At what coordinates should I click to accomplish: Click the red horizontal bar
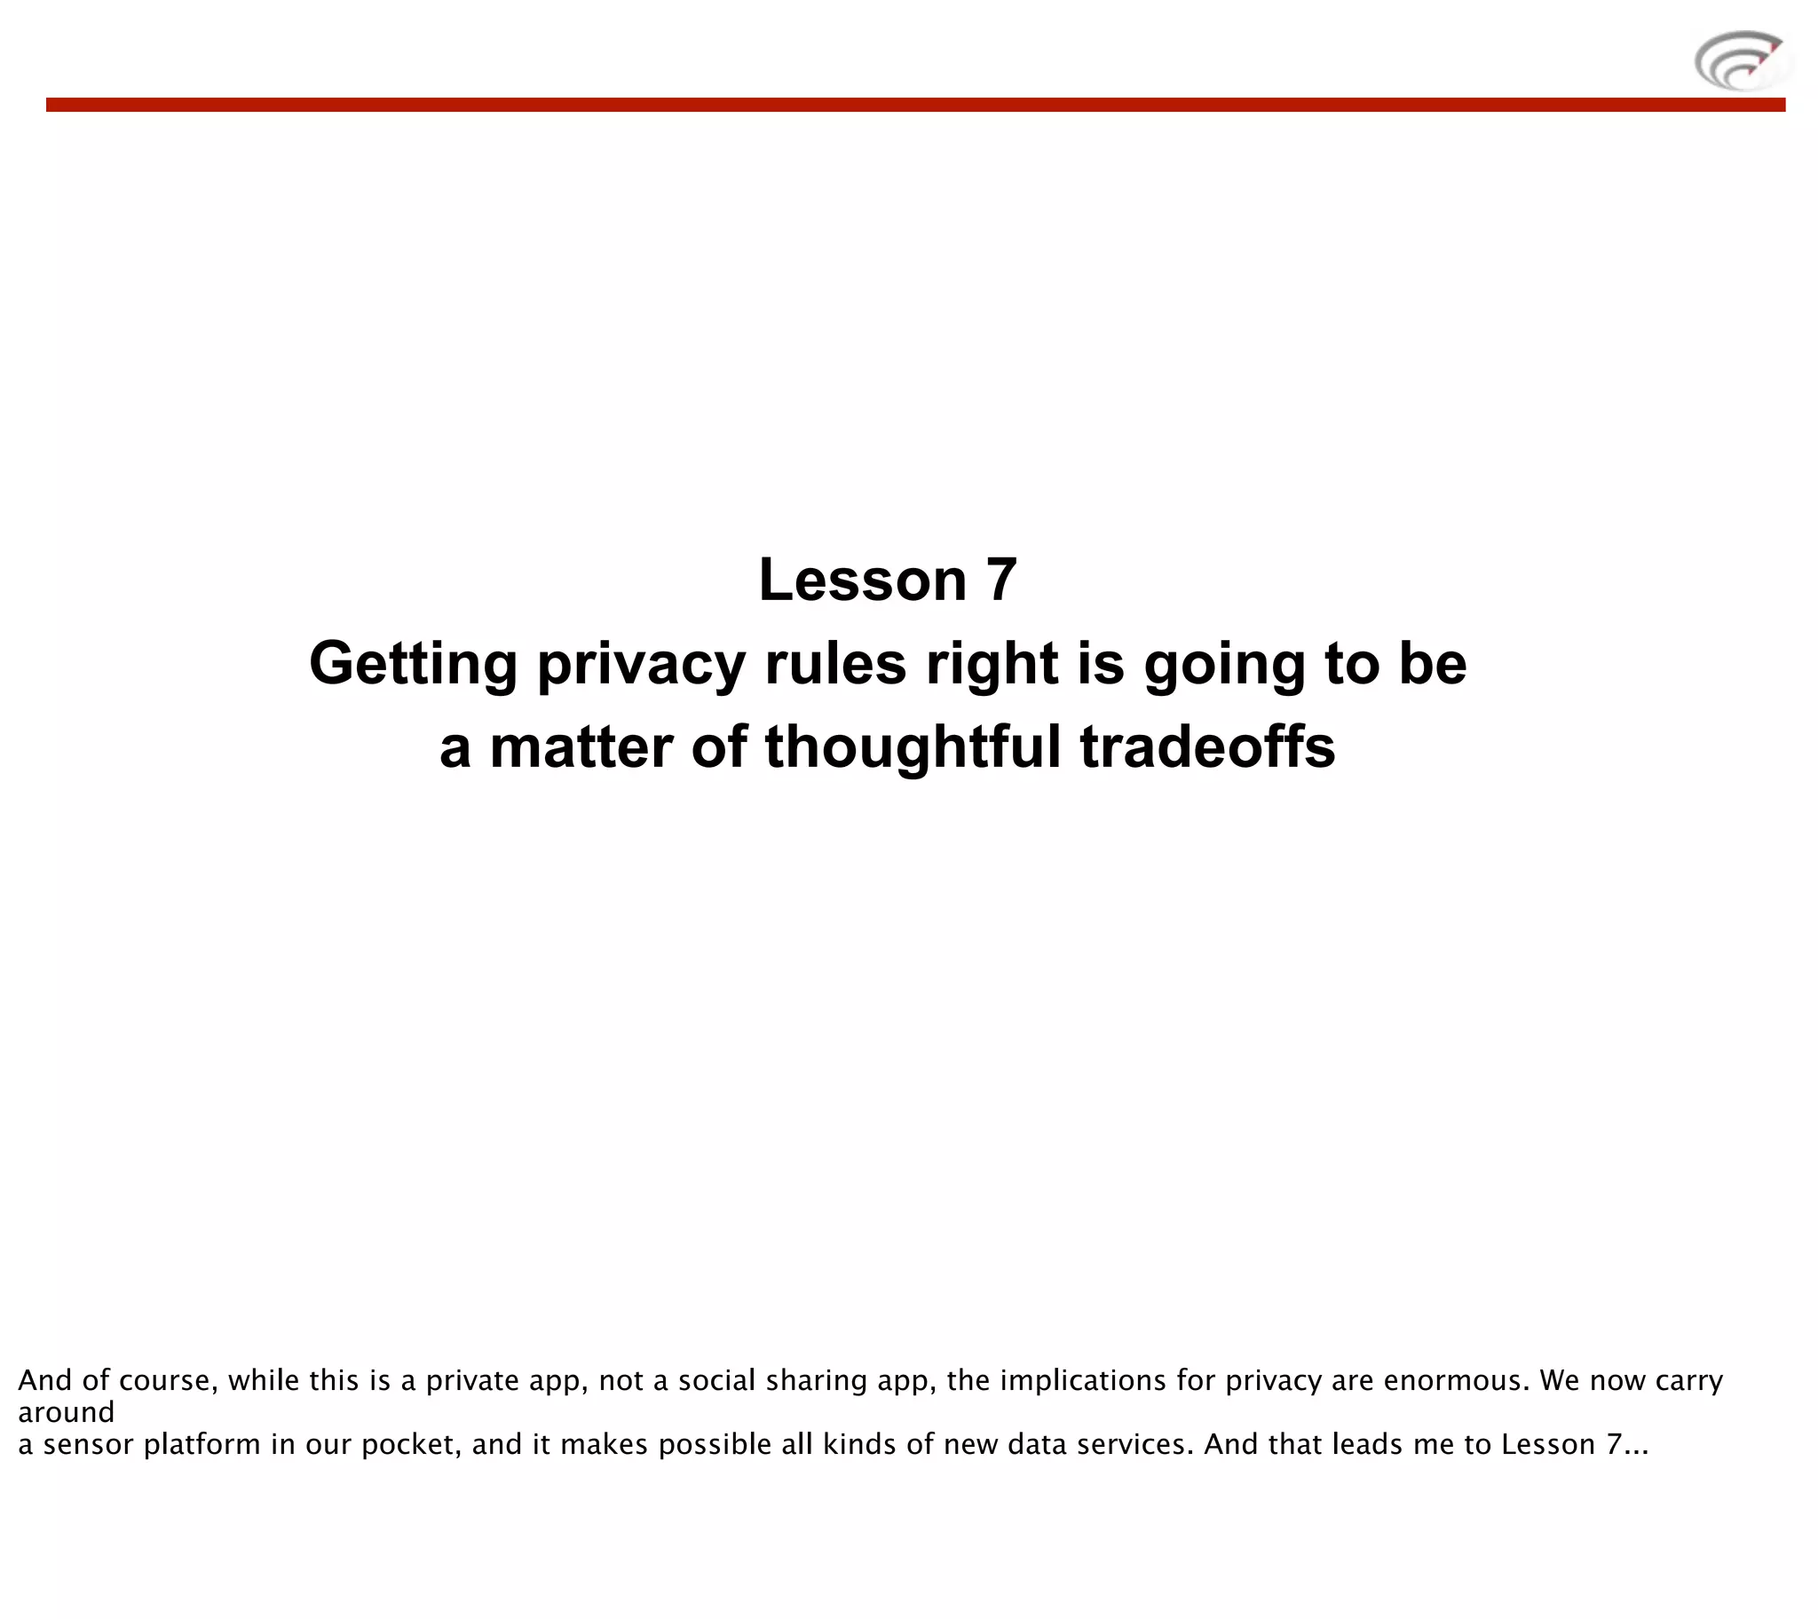pyautogui.click(x=915, y=105)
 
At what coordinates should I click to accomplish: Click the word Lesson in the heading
pyautogui.click(x=862, y=580)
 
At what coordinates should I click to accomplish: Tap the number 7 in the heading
pyautogui.click(x=1000, y=580)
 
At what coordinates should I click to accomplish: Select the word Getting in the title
pyautogui.click(x=413, y=665)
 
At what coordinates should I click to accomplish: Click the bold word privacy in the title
pyautogui.click(x=641, y=665)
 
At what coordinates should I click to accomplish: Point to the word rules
pyautogui.click(x=835, y=665)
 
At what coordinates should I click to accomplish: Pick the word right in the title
pyautogui.click(x=992, y=665)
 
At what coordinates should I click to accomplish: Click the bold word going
pyautogui.click(x=1223, y=665)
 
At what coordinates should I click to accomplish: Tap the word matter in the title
pyautogui.click(x=581, y=747)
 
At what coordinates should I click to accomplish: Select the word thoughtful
pyautogui.click(x=913, y=747)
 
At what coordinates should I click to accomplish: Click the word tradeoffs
pyautogui.click(x=1207, y=747)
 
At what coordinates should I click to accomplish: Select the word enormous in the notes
pyautogui.click(x=1455, y=1380)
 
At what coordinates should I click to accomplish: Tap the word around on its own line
pyautogui.click(x=66, y=1412)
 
